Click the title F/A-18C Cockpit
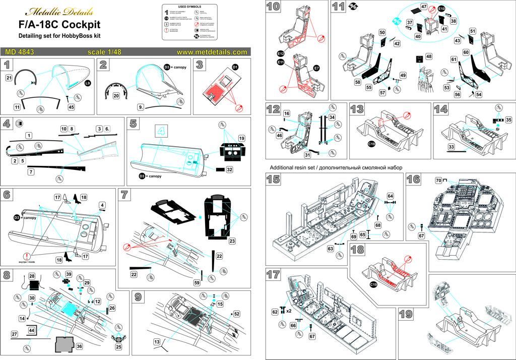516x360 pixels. (59, 25)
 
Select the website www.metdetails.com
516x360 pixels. (212, 51)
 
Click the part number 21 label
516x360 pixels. (9, 78)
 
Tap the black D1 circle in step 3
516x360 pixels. (235, 67)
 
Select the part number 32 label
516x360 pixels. (229, 170)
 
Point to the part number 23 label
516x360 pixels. (232, 241)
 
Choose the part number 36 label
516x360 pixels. (79, 347)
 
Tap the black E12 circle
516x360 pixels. (281, 54)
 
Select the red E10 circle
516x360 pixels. (441, 9)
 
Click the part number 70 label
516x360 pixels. (438, 179)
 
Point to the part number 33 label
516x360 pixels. (451, 146)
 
